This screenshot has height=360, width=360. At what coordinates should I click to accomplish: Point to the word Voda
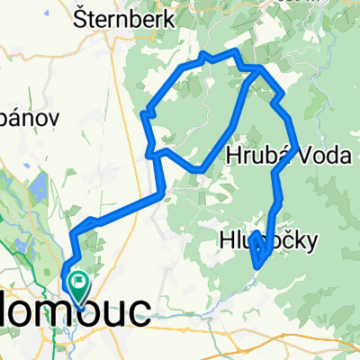point(322,156)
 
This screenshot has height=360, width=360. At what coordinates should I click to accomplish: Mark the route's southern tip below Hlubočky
point(259,265)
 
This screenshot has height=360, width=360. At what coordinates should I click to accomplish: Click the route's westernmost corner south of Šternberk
point(145,113)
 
